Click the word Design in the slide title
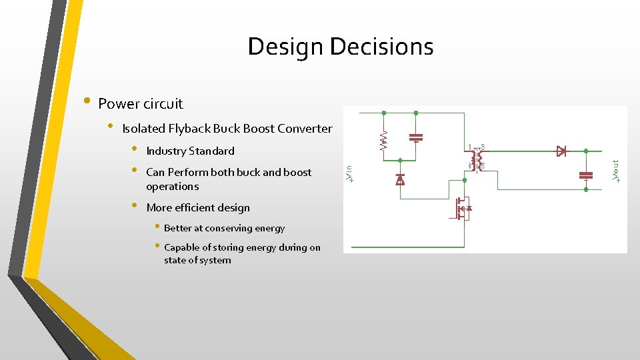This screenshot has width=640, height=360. (x=285, y=47)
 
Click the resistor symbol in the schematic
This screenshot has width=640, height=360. (x=383, y=140)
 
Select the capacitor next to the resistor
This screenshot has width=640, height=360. (x=416, y=137)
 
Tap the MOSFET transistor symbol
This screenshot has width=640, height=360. (x=462, y=208)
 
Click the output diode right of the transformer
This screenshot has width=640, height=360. (x=561, y=151)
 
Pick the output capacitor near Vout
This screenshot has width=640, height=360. (x=586, y=175)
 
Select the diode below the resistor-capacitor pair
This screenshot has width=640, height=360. (x=400, y=179)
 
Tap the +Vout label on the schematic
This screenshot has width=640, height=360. (x=617, y=171)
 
